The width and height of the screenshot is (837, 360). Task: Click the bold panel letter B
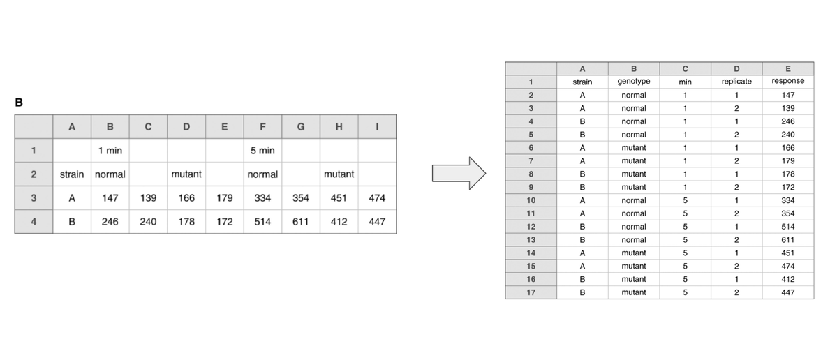(x=19, y=103)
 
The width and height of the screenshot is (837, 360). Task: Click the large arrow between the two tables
(x=459, y=173)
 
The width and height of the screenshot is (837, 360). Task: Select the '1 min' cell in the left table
(x=110, y=151)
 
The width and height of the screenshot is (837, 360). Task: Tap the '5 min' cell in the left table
(x=262, y=151)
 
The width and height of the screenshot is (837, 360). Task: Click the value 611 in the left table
(x=301, y=221)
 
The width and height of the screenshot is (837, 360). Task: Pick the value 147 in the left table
(x=110, y=198)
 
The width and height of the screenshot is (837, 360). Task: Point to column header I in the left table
(x=377, y=126)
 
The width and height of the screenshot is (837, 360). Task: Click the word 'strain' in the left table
(x=72, y=174)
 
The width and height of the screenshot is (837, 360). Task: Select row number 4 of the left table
(x=34, y=221)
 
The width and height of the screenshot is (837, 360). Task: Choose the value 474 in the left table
(x=377, y=198)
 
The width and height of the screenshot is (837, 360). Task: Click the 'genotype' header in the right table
(x=634, y=82)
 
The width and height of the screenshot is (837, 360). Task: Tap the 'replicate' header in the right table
(x=736, y=82)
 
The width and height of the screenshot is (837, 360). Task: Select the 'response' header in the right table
(x=788, y=81)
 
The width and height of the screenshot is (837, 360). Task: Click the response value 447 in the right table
(x=788, y=292)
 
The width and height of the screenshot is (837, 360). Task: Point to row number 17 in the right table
(x=531, y=292)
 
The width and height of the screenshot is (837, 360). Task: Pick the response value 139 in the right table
(x=788, y=108)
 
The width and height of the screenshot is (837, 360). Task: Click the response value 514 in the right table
(x=788, y=227)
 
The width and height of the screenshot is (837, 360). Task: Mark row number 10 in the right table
(x=531, y=200)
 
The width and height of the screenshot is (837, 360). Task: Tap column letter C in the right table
(x=686, y=69)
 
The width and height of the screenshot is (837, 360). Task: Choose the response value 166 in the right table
(x=788, y=148)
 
